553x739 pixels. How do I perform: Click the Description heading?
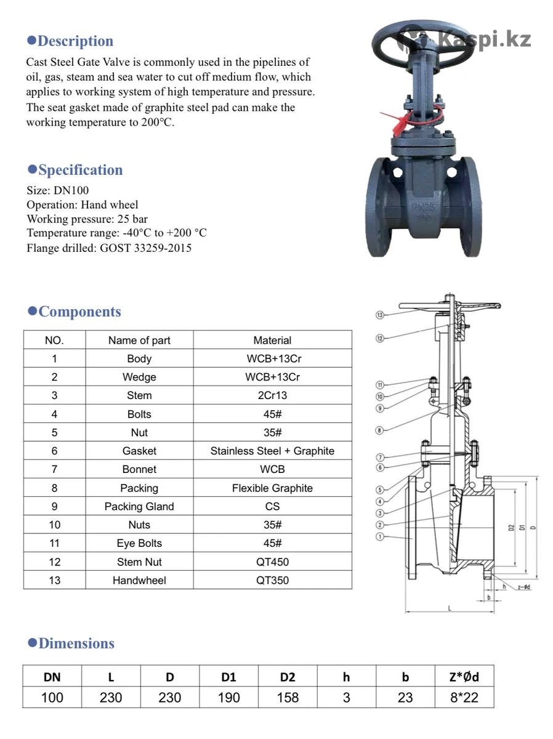click(x=75, y=41)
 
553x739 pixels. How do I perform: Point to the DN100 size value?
click(x=71, y=190)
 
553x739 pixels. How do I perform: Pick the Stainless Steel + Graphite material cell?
click(x=272, y=451)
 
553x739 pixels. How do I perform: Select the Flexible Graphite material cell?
click(x=272, y=488)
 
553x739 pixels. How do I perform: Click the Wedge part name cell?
click(x=139, y=377)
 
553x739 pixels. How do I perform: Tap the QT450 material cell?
click(x=272, y=562)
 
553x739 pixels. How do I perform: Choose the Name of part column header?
click(x=139, y=340)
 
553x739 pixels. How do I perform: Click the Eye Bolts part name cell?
click(x=139, y=543)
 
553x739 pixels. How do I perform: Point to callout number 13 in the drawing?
click(x=380, y=315)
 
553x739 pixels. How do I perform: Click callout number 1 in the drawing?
click(x=380, y=536)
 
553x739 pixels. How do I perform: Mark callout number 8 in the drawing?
click(x=380, y=430)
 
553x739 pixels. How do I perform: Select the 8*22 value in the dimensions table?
click(x=464, y=698)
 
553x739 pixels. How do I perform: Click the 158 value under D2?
click(x=288, y=698)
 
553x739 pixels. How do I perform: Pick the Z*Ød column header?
click(x=464, y=677)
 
